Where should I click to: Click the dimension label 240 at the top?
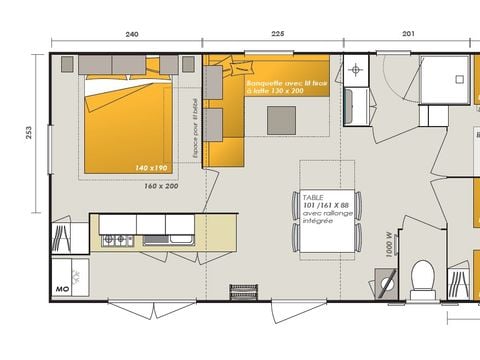point(131,33)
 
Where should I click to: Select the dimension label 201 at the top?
point(407,33)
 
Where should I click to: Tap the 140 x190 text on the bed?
point(152,167)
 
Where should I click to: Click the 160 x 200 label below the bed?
point(160,186)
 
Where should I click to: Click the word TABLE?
point(313,198)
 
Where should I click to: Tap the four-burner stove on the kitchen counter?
point(116,240)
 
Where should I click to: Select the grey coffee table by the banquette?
point(282,120)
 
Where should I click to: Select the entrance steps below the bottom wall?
point(243,292)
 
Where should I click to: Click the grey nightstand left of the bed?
point(68,64)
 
